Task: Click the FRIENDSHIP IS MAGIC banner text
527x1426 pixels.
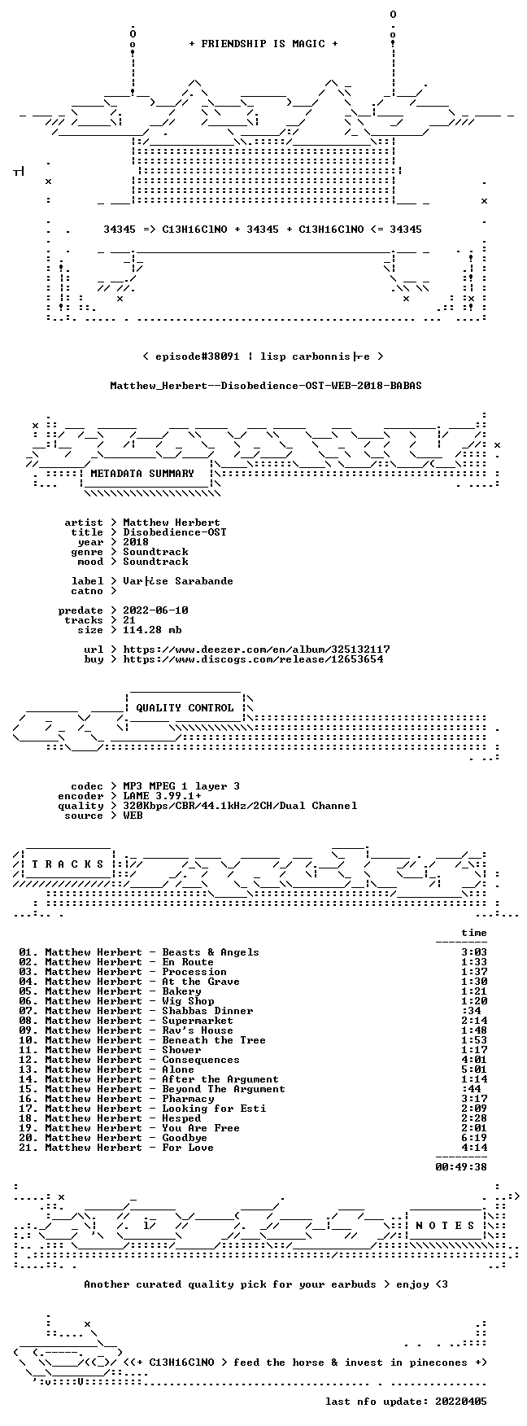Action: pos(263,44)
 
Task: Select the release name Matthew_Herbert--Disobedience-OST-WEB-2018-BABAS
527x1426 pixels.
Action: pos(266,386)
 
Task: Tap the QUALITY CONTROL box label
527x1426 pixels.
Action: pos(185,708)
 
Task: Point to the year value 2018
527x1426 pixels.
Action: pos(136,542)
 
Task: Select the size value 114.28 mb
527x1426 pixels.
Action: pos(152,630)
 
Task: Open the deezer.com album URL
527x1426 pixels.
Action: pos(256,650)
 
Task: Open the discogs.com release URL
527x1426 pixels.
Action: pos(253,659)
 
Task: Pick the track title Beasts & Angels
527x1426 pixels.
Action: pos(211,952)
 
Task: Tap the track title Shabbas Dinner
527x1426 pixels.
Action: pos(207,1011)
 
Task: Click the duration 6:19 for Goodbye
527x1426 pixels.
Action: pos(474,1138)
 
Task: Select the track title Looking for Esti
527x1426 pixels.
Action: pos(214,1109)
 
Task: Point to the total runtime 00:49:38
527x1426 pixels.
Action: pos(461,1167)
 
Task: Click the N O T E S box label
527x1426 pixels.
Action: pos(445,1226)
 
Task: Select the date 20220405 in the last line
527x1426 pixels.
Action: pos(461,1402)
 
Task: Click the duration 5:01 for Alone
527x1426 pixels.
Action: pos(474,1069)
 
